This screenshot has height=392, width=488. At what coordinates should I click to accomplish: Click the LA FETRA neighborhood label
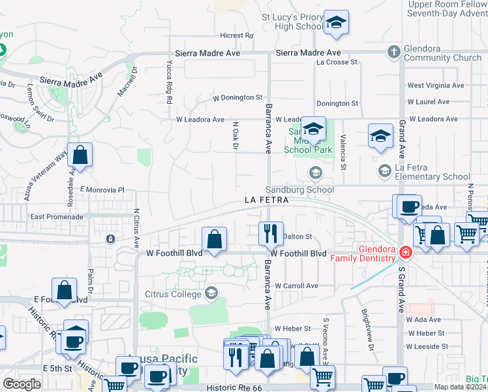click(267, 199)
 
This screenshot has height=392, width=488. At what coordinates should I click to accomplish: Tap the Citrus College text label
click(173, 292)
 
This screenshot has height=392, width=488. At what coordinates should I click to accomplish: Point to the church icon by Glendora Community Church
click(393, 52)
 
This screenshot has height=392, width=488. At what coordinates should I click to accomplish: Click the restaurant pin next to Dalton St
click(270, 233)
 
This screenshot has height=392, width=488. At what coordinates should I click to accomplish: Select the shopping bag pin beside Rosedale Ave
click(80, 155)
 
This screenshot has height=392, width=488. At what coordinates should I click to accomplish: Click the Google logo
click(22, 384)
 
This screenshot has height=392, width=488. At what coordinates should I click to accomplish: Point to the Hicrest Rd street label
click(236, 35)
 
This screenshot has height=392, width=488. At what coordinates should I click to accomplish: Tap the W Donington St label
click(237, 97)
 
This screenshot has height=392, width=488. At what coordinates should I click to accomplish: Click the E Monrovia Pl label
click(102, 189)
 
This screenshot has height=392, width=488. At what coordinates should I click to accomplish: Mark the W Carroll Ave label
click(296, 286)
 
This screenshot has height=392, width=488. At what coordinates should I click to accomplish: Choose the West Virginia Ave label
click(435, 86)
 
